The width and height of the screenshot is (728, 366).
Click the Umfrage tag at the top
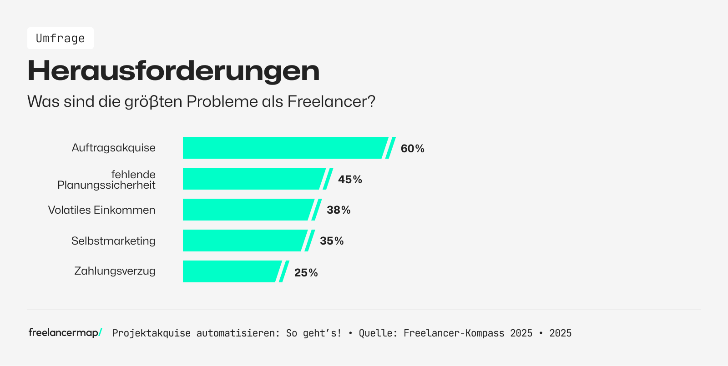pyautogui.click(x=61, y=38)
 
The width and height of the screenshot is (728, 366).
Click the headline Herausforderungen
pyautogui.click(x=173, y=71)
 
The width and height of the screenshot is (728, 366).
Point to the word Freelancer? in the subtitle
pyautogui.click(x=331, y=101)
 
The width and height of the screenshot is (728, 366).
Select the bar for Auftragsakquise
pyautogui.click(x=284, y=148)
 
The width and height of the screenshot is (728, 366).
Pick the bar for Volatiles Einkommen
pyautogui.click(x=248, y=210)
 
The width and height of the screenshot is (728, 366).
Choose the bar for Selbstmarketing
pyautogui.click(x=244, y=241)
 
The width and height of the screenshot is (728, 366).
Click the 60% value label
pyautogui.click(x=412, y=149)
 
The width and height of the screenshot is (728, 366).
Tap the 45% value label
pyautogui.click(x=350, y=180)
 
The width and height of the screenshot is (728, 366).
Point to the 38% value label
pyautogui.click(x=339, y=210)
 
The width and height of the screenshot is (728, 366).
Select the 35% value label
pyautogui.click(x=332, y=241)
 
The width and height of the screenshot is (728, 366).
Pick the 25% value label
pyautogui.click(x=306, y=273)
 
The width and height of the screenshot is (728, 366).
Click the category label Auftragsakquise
pyautogui.click(x=114, y=148)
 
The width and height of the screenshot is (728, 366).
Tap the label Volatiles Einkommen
pyautogui.click(x=102, y=210)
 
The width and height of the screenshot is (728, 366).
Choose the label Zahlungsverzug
pyautogui.click(x=115, y=271)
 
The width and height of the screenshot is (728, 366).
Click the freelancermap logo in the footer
pyautogui.click(x=65, y=333)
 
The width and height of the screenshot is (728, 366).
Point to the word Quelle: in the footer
pyautogui.click(x=378, y=333)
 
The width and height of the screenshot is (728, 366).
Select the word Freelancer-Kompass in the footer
pyautogui.click(x=454, y=333)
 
